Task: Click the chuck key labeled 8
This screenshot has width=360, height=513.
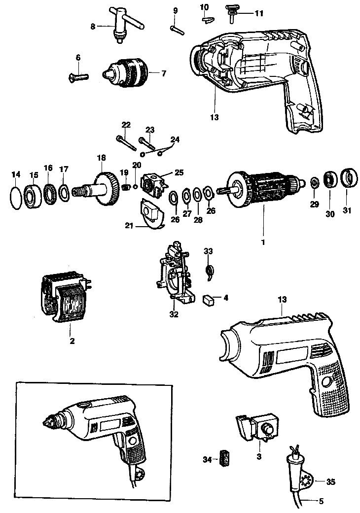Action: pos(126,26)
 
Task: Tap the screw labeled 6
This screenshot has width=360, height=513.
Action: pos(79,77)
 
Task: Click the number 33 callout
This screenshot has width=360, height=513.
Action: pos(208,251)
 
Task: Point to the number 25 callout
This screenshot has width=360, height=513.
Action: pos(179,172)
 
